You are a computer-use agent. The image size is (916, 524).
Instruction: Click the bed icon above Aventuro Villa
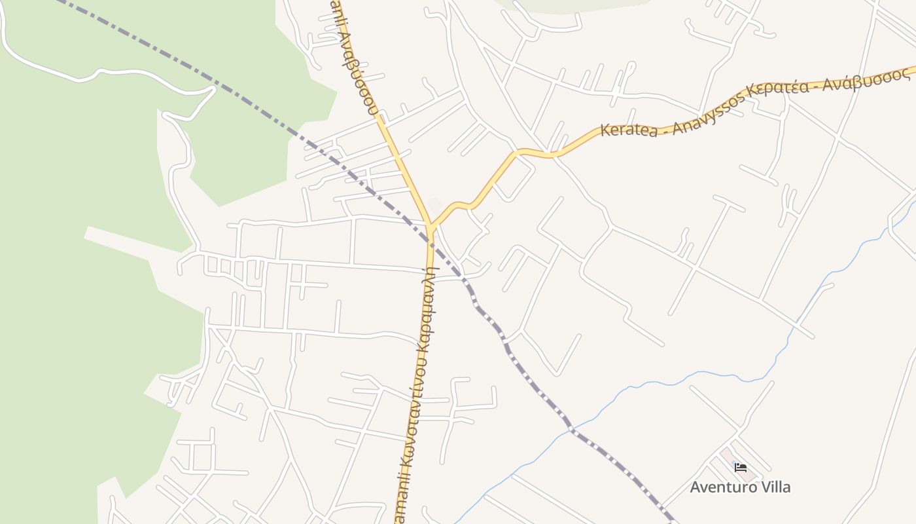click(x=741, y=467)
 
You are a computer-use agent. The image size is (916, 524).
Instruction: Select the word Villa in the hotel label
click(x=774, y=487)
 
